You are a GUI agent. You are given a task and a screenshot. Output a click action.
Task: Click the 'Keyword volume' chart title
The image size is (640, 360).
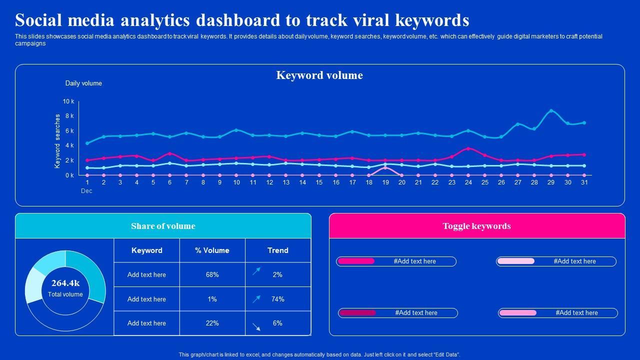point(319,75)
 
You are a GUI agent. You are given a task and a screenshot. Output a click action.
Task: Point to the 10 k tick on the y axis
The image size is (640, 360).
point(68,101)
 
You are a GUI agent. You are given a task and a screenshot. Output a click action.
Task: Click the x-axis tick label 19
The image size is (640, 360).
point(385,182)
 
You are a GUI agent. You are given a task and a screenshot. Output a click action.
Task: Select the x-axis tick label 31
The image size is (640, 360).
point(584,182)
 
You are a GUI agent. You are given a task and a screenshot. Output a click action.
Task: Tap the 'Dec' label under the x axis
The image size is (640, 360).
point(86,191)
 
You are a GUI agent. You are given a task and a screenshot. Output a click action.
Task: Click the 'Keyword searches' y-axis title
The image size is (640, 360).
point(57,141)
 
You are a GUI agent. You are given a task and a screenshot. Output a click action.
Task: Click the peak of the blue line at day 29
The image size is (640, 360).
point(551,111)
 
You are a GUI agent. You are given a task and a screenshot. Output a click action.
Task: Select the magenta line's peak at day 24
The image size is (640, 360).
point(468,148)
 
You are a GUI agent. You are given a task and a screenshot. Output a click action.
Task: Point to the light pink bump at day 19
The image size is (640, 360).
point(385,167)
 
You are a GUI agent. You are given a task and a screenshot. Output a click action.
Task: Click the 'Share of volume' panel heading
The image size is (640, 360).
point(163,226)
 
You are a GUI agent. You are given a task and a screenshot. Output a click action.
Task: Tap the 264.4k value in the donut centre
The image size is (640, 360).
point(65,283)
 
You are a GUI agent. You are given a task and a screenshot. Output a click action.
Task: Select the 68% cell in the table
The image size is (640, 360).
point(212,274)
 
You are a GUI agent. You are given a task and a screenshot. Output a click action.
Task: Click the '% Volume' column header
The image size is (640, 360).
point(212,250)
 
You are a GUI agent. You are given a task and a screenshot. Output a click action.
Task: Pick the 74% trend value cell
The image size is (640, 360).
point(277,299)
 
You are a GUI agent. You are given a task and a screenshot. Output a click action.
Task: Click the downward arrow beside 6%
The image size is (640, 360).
point(256,327)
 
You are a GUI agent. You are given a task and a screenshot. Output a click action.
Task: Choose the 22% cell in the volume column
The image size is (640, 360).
point(212,323)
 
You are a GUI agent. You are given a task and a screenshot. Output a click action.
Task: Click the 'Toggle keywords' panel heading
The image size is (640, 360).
point(476,226)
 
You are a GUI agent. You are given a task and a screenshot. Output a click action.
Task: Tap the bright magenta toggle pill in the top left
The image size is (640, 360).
point(356,261)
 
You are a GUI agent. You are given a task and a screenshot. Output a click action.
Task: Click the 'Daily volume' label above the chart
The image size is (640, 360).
point(83,83)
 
